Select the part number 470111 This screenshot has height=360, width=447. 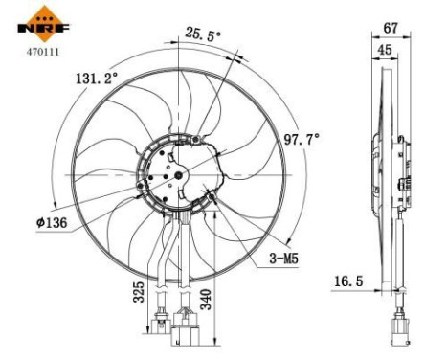[x=39, y=54]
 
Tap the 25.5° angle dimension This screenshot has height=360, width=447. [x=202, y=35]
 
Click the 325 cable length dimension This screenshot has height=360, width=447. [x=139, y=290]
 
